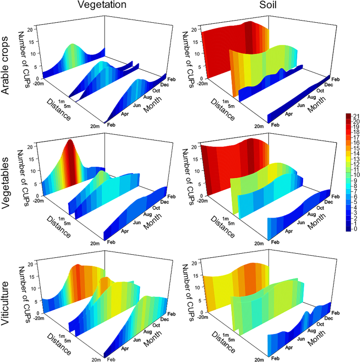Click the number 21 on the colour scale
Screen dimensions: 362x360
(356, 116)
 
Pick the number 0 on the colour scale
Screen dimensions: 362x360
(356, 229)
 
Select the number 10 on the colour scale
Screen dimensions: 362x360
(356, 175)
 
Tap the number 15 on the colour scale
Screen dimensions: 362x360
(356, 148)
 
